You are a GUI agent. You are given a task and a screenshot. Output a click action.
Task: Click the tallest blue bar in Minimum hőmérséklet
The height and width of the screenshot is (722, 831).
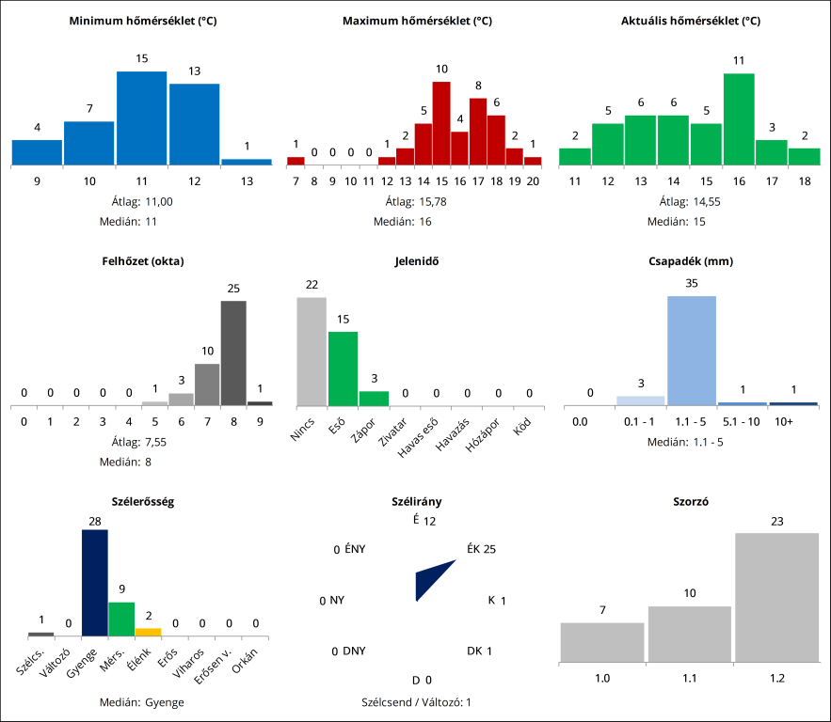(x=141, y=118)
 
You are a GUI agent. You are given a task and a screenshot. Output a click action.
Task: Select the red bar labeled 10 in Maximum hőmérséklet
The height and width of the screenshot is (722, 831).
(x=441, y=123)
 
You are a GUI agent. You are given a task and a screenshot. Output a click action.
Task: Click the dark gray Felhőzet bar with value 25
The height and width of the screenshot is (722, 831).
(x=233, y=353)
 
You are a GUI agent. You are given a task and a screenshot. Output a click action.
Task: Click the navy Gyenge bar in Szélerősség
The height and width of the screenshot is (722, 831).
(x=95, y=583)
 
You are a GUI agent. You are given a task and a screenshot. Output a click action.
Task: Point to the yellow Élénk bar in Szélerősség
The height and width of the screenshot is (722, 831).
(x=148, y=631)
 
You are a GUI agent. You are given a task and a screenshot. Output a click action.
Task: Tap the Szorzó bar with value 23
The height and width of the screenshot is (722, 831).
(x=776, y=597)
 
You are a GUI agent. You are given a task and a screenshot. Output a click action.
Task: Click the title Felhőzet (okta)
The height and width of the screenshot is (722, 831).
(x=143, y=260)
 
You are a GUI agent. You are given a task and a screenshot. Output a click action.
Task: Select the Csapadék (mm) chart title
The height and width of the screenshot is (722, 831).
(x=691, y=260)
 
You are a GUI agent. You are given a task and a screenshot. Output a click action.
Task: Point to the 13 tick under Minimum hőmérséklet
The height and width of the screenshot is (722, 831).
(x=247, y=180)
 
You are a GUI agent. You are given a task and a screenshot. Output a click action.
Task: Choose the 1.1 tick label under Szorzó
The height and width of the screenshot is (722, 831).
(x=690, y=677)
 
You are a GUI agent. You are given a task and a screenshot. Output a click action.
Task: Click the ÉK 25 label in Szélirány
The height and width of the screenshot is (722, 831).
(x=481, y=549)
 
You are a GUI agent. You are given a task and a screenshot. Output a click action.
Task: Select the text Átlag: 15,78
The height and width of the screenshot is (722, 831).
(x=415, y=201)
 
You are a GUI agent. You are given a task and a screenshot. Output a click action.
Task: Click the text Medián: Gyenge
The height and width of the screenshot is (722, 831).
(x=141, y=702)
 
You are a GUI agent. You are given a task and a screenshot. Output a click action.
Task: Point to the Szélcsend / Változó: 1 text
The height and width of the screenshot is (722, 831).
(x=416, y=702)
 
